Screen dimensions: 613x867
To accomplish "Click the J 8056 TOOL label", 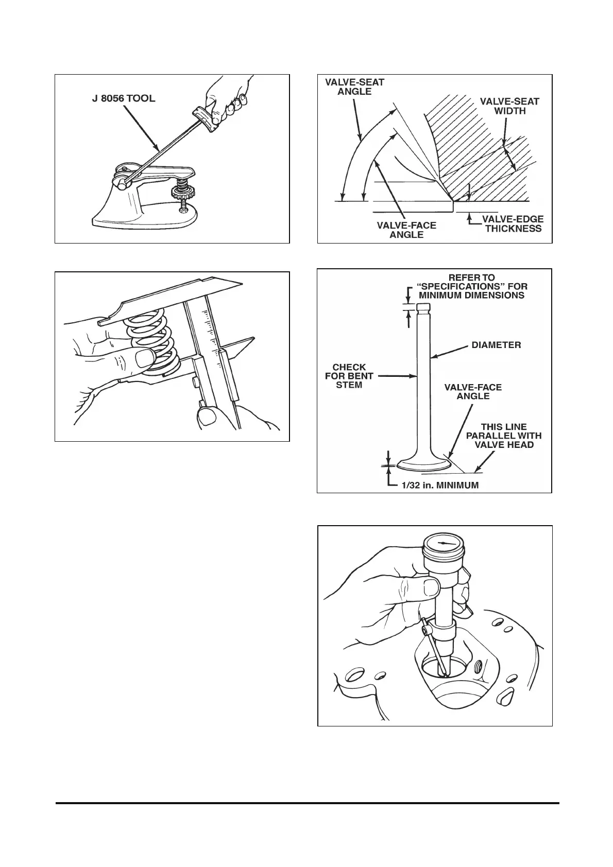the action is pyautogui.click(x=120, y=98).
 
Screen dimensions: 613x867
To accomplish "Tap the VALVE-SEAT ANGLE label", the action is pyautogui.click(x=354, y=86).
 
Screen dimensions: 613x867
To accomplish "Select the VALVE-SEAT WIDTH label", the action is pyautogui.click(x=509, y=106).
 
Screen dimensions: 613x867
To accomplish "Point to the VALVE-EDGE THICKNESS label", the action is pyautogui.click(x=513, y=223).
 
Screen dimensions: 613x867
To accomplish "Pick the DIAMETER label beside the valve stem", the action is pyautogui.click(x=496, y=345).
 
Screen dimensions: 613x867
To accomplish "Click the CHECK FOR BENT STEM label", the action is pyautogui.click(x=349, y=376).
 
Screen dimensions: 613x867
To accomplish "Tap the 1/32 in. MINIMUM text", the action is pyautogui.click(x=440, y=484).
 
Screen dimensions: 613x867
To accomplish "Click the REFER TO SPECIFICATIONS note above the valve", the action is pyautogui.click(x=472, y=286).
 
